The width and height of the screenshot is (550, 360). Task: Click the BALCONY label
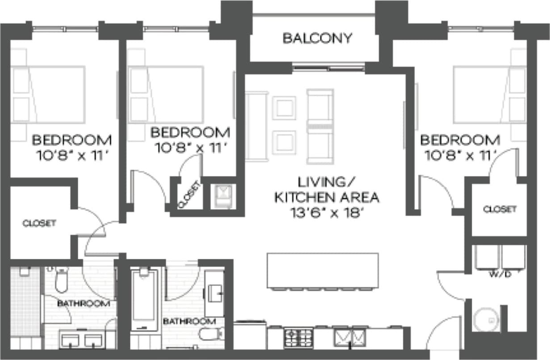(317, 38)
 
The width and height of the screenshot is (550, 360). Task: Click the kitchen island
(323, 271)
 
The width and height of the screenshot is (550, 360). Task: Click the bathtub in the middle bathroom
(144, 297)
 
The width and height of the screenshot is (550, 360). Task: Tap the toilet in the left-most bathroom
(61, 280)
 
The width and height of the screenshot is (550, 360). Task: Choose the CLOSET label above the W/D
(500, 209)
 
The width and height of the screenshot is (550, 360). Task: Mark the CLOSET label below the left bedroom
(40, 223)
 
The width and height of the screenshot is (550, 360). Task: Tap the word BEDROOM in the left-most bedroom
(71, 140)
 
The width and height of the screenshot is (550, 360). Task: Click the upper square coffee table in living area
(284, 108)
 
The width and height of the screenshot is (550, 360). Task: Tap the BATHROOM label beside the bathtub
(189, 321)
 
